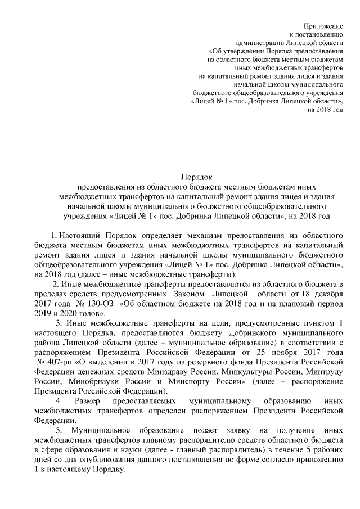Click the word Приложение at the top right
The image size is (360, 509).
pyautogui.click(x=323, y=26)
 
